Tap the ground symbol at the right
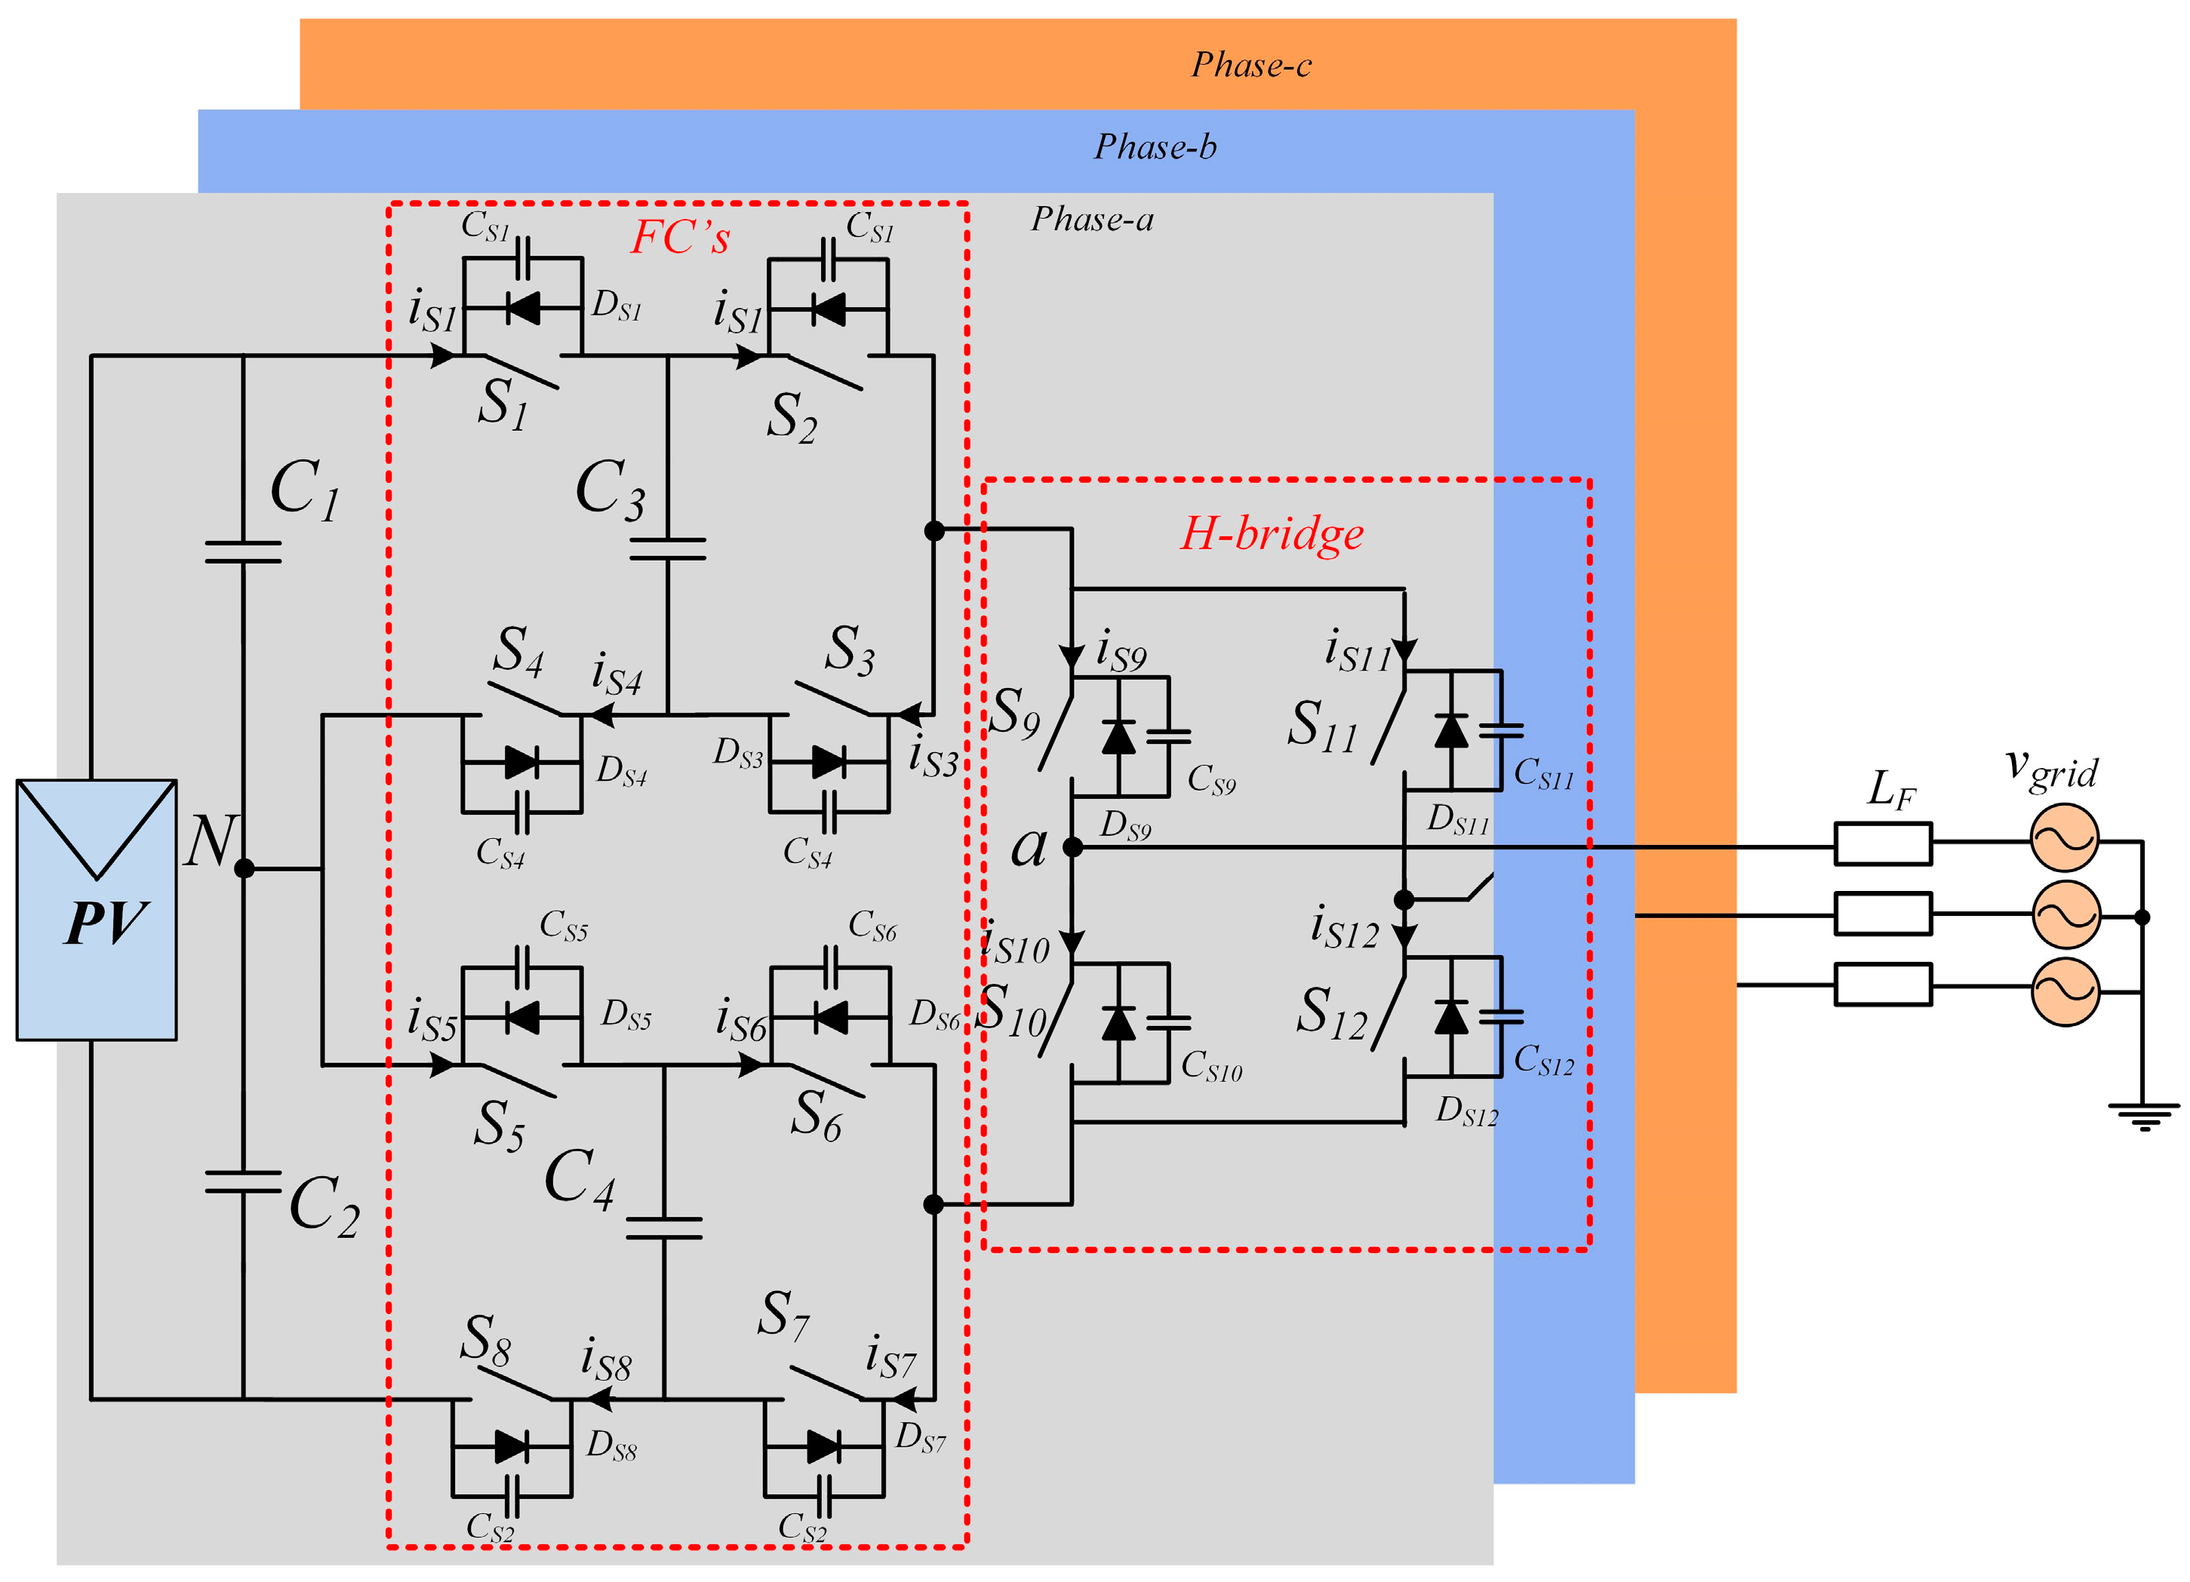[2144, 1115]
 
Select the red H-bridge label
[1272, 534]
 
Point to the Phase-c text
[1251, 65]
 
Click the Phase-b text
[1155, 146]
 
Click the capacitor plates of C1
[243, 552]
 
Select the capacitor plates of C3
[667, 549]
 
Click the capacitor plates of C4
[664, 1227]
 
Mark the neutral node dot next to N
[245, 868]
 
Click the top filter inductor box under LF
[1883, 843]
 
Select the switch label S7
[782, 1315]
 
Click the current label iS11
[1357, 653]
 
